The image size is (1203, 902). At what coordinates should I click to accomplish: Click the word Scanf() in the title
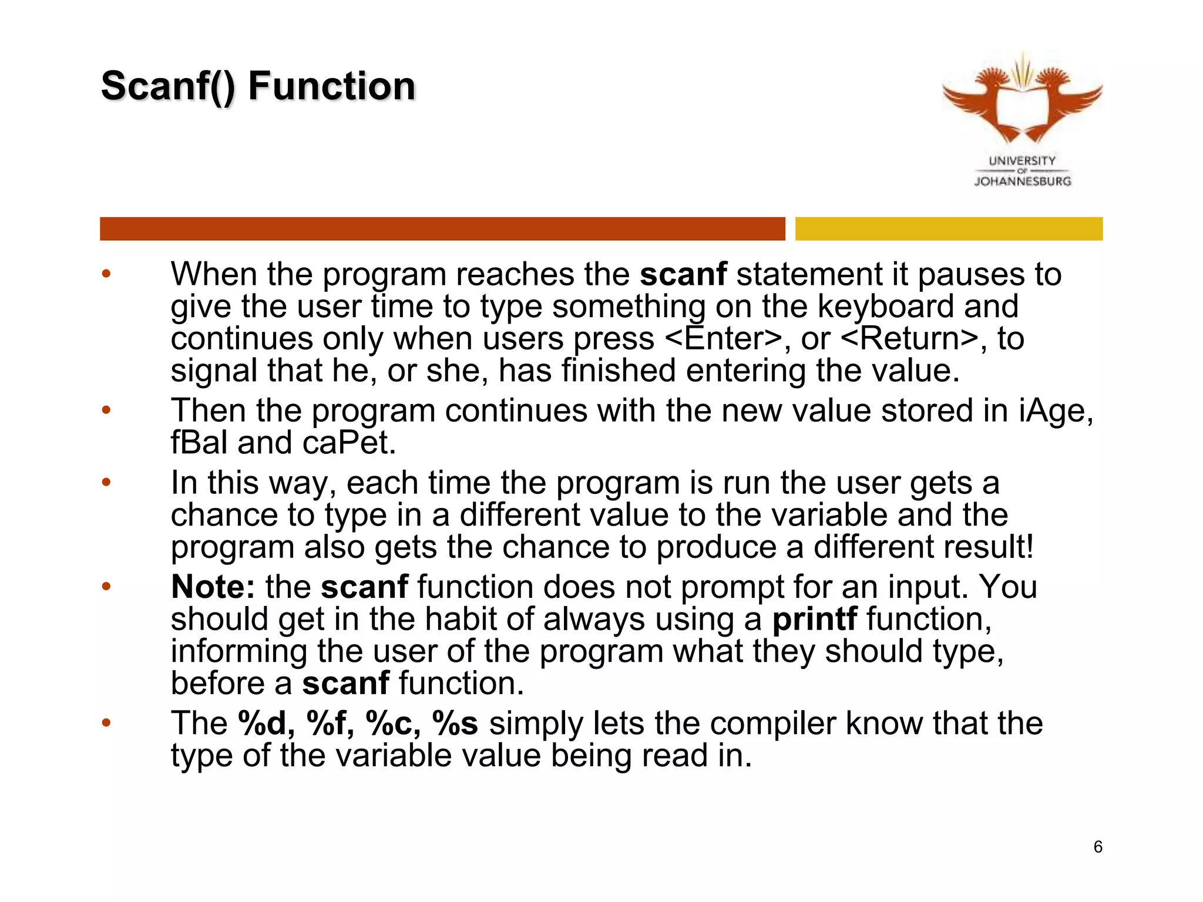(x=168, y=86)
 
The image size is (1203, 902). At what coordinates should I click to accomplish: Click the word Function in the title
(x=332, y=86)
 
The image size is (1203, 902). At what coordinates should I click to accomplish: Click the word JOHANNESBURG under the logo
(x=1023, y=181)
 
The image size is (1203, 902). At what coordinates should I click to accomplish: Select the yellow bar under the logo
(x=949, y=228)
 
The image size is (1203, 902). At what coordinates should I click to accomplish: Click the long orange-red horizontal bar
(x=442, y=228)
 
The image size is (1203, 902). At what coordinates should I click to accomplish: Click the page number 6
(x=1097, y=847)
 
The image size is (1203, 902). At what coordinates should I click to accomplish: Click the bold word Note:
(x=213, y=587)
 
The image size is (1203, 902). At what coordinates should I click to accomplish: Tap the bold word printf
(x=814, y=619)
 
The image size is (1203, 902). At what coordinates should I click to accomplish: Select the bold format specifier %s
(x=455, y=723)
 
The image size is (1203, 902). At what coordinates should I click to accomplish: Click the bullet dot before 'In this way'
(x=106, y=483)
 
